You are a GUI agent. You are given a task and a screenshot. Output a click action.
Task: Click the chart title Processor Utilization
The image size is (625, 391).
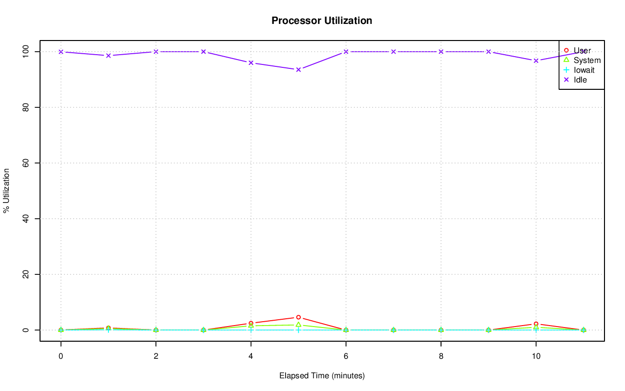pos(322,21)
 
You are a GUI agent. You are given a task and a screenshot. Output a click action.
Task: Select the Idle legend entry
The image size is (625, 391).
pos(580,80)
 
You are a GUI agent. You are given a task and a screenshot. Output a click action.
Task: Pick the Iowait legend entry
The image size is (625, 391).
pos(583,70)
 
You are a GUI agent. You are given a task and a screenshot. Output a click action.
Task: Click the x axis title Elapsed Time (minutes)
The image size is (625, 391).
pos(322,376)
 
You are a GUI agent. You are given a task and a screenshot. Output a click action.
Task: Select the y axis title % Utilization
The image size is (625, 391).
pos(7,191)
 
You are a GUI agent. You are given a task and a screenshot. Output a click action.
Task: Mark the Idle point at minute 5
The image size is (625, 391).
pos(298,69)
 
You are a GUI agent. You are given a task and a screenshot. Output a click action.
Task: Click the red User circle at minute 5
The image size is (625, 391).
pos(298,317)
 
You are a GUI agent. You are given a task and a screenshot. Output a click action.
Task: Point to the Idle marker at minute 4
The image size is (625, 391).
pos(251,62)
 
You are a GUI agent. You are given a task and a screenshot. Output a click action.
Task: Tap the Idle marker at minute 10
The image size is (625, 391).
pos(536,61)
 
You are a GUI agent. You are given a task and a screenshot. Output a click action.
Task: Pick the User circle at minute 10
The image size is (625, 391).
pos(536,324)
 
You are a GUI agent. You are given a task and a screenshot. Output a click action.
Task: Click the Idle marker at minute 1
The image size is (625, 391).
pos(108,56)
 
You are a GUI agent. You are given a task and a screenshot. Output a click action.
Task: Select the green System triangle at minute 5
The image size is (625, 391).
pos(298,325)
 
